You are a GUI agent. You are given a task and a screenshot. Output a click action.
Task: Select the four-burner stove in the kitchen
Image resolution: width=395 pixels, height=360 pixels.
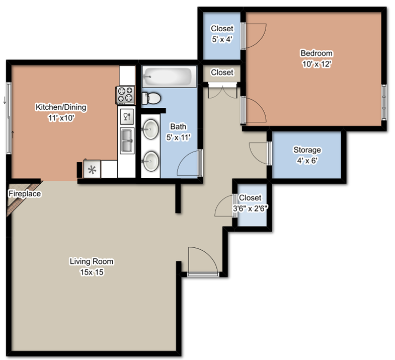tap(125, 94)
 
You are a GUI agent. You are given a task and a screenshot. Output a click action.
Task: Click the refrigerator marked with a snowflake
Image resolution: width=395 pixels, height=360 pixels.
tap(92, 169)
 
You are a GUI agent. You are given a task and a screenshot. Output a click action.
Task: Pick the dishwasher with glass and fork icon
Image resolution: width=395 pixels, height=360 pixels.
tap(126, 116)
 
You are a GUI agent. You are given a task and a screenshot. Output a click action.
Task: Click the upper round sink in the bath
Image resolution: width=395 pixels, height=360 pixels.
tap(149, 130)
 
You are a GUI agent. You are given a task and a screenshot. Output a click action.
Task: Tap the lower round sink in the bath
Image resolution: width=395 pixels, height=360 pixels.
tap(149, 162)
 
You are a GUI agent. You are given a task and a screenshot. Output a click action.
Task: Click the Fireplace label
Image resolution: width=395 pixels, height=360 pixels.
tap(24, 194)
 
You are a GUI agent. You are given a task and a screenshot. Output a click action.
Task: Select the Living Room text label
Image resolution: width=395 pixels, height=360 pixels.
tap(91, 261)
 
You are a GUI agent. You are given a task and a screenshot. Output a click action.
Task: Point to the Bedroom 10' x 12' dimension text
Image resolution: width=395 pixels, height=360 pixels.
tap(317, 64)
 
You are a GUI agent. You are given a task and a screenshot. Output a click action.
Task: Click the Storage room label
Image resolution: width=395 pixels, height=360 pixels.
tap(307, 150)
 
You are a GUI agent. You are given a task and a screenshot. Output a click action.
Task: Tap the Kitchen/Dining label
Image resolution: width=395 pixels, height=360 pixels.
tap(60, 107)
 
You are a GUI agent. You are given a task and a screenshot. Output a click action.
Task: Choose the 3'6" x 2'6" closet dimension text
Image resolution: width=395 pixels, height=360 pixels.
tap(250, 208)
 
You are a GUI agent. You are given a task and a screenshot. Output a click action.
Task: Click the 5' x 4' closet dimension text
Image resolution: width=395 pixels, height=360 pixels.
tap(222, 38)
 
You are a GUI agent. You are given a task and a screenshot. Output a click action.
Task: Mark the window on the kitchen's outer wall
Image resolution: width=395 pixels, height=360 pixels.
tap(9, 118)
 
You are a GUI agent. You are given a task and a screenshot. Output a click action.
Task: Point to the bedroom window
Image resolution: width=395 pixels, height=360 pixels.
tap(384, 97)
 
